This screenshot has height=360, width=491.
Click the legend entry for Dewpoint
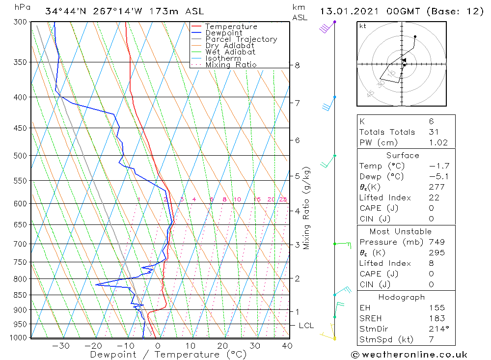223,33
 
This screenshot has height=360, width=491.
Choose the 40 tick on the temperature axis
287,346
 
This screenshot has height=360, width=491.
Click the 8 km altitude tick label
298,65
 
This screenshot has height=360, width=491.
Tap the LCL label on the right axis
306,325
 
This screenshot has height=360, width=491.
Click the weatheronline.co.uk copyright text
409,354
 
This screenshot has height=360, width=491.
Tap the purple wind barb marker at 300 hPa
334,22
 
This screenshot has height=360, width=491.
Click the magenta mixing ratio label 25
283,199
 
